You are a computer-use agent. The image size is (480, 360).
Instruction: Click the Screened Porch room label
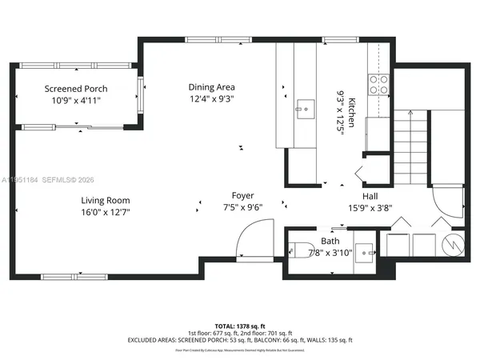tap(76, 89)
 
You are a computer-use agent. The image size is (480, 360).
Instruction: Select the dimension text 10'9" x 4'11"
tap(76, 102)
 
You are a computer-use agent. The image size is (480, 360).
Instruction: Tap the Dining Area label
tap(211, 87)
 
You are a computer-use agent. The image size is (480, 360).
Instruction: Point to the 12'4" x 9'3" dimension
tap(211, 99)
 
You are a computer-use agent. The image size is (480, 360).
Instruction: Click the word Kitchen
tap(350, 103)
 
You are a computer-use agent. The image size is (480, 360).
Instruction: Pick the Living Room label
tap(105, 200)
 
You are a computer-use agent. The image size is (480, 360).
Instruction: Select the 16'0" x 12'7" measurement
tap(105, 213)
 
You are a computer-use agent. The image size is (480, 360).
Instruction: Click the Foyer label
tap(243, 195)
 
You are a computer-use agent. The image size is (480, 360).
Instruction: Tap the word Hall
tap(370, 195)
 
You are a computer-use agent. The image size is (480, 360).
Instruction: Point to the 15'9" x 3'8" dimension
tap(370, 208)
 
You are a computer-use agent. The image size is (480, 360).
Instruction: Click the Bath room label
tap(330, 240)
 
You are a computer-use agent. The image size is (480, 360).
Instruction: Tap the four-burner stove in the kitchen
tap(378, 83)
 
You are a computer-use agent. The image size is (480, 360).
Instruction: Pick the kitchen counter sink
tap(304, 106)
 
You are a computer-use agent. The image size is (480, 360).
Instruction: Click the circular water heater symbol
tap(452, 243)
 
